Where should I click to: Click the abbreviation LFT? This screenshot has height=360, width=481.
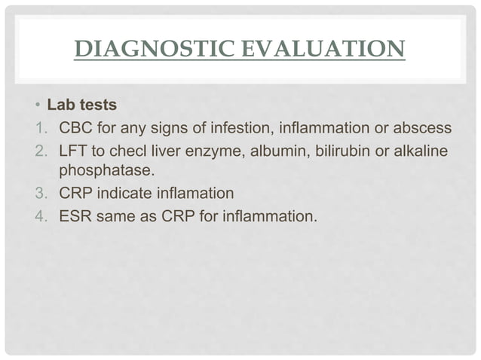coord(73,152)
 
